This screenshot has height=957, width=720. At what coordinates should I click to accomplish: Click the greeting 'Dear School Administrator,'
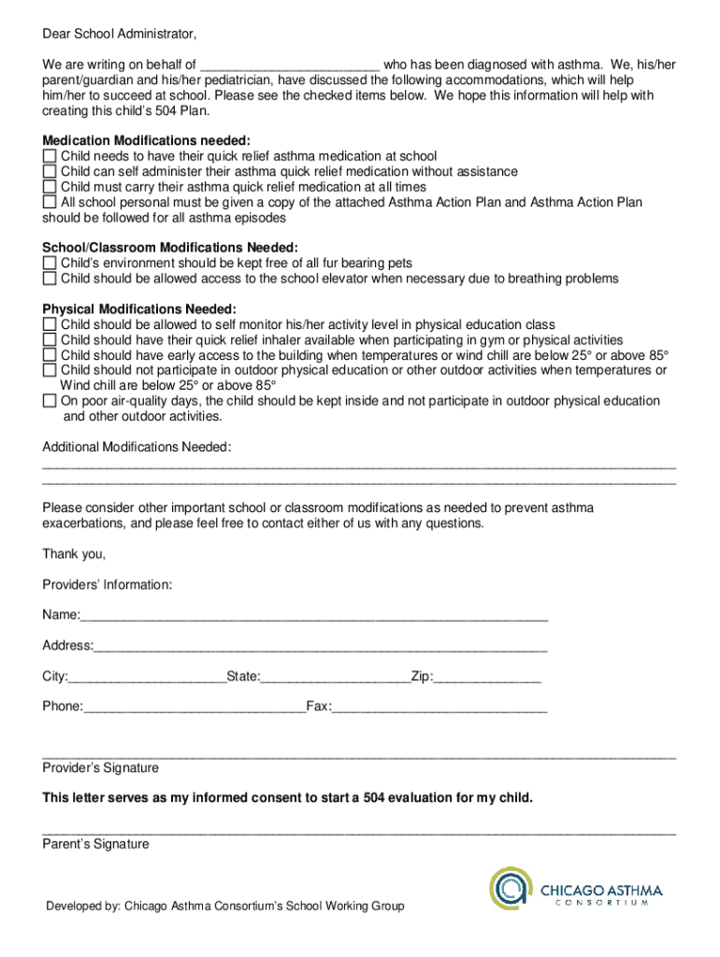[x=120, y=35]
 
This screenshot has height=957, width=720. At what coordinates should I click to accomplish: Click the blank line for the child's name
[x=290, y=65]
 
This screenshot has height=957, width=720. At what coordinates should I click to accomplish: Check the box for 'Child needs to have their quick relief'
[x=50, y=156]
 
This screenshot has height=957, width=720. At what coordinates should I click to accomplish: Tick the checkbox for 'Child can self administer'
[x=50, y=171]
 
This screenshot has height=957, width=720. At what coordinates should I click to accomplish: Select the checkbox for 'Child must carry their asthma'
[x=50, y=186]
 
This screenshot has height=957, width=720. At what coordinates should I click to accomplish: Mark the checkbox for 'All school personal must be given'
[x=50, y=202]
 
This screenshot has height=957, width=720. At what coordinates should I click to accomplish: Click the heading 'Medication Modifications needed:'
[x=147, y=141]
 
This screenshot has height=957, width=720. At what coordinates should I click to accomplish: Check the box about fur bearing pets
[x=50, y=264]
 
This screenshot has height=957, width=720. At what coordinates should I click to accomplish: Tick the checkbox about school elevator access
[x=50, y=279]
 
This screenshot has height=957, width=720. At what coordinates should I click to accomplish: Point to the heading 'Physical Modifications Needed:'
[x=139, y=309]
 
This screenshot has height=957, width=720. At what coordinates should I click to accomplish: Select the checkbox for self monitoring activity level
[x=50, y=324]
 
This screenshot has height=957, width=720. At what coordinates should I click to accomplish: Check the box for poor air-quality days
[x=50, y=401]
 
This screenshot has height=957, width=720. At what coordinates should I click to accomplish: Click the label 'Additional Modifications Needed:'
[x=137, y=448]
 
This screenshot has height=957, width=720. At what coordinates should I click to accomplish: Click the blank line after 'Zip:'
[x=487, y=677]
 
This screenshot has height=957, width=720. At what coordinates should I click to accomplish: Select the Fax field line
[x=439, y=707]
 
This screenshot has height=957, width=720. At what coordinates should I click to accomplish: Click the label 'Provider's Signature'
[x=100, y=768]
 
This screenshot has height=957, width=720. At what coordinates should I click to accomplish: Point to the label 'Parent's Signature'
[x=95, y=844]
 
